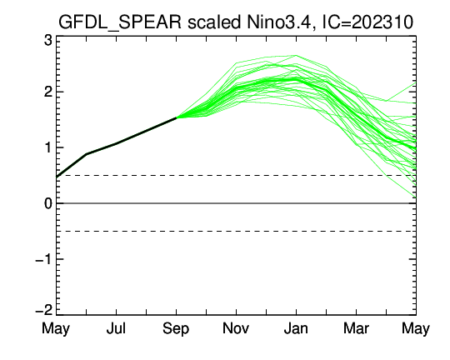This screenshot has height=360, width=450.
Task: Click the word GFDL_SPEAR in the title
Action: pyautogui.click(x=120, y=22)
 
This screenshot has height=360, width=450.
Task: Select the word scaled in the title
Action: pyautogui.click(x=214, y=22)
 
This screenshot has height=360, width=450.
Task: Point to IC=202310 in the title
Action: pyautogui.click(x=368, y=22)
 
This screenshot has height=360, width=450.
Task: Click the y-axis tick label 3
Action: pyautogui.click(x=48, y=40)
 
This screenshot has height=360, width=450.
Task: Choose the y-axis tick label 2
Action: pyautogui.click(x=48, y=92)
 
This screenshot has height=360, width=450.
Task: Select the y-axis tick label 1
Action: pyautogui.click(x=48, y=147)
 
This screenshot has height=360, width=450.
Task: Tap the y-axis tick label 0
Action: pyautogui.click(x=48, y=203)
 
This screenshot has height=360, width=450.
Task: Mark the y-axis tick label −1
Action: pyautogui.click(x=44, y=259)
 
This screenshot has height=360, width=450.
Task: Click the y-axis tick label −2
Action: pyautogui.click(x=44, y=310)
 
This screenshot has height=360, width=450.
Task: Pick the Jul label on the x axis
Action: pyautogui.click(x=116, y=328)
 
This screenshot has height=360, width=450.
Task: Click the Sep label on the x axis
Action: pyautogui.click(x=176, y=328)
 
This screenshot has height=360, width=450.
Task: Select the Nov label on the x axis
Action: pyautogui.click(x=236, y=328)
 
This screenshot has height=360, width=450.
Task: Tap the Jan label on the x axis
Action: pyautogui.click(x=296, y=328)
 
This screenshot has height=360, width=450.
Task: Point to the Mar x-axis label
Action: pyautogui.click(x=356, y=328)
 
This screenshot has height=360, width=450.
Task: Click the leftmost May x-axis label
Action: pyautogui.click(x=56, y=328)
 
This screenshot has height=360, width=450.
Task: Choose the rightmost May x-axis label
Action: pyautogui.click(x=416, y=328)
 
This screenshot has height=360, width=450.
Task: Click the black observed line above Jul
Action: pyautogui.click(x=116, y=142)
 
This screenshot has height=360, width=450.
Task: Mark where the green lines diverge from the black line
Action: pyautogui.click(x=176, y=117)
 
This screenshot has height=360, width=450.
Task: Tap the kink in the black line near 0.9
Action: pyautogui.click(x=87, y=154)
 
